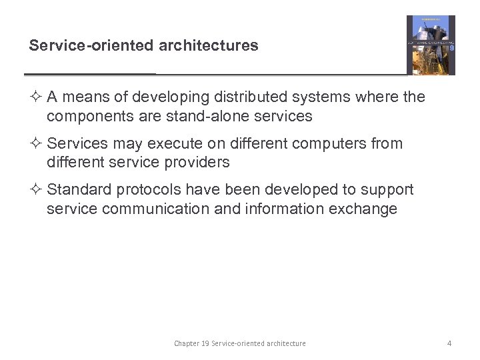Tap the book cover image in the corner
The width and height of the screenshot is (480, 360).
431,45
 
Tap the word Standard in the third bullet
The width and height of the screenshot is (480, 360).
79,190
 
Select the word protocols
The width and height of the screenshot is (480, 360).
148,190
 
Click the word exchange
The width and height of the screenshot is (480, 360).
366,209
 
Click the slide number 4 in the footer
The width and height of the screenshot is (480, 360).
449,343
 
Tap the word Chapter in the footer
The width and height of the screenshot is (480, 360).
187,343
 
